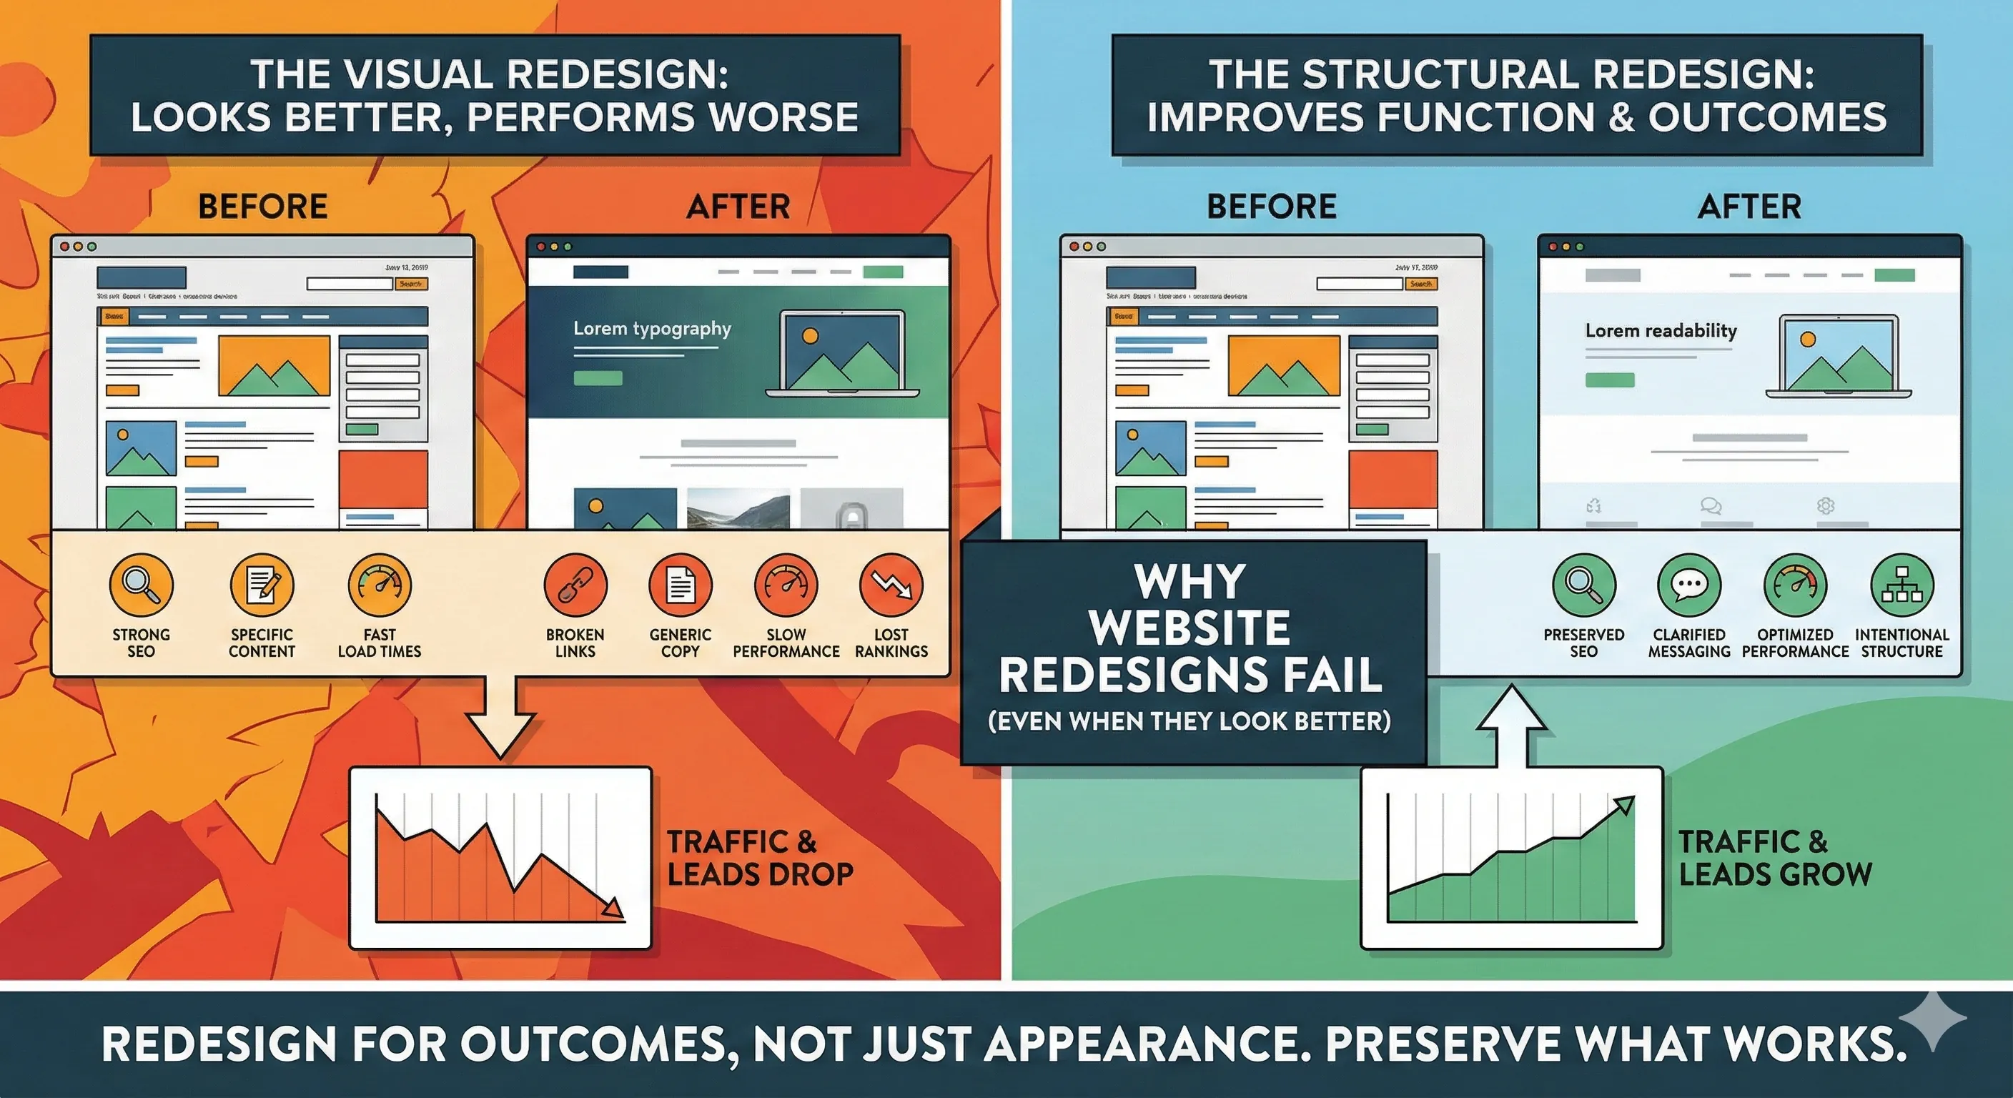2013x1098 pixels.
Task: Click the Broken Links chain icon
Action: (575, 585)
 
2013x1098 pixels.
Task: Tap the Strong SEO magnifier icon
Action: (141, 585)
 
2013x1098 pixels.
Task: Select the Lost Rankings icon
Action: (891, 585)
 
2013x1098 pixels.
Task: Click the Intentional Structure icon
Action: (1902, 585)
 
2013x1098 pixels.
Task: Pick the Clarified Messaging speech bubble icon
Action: (1688, 585)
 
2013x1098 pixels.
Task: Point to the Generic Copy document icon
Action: (680, 585)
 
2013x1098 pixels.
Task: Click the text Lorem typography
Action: (652, 328)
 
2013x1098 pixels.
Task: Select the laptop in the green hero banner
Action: (842, 353)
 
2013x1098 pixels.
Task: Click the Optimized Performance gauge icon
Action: (1795, 585)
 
